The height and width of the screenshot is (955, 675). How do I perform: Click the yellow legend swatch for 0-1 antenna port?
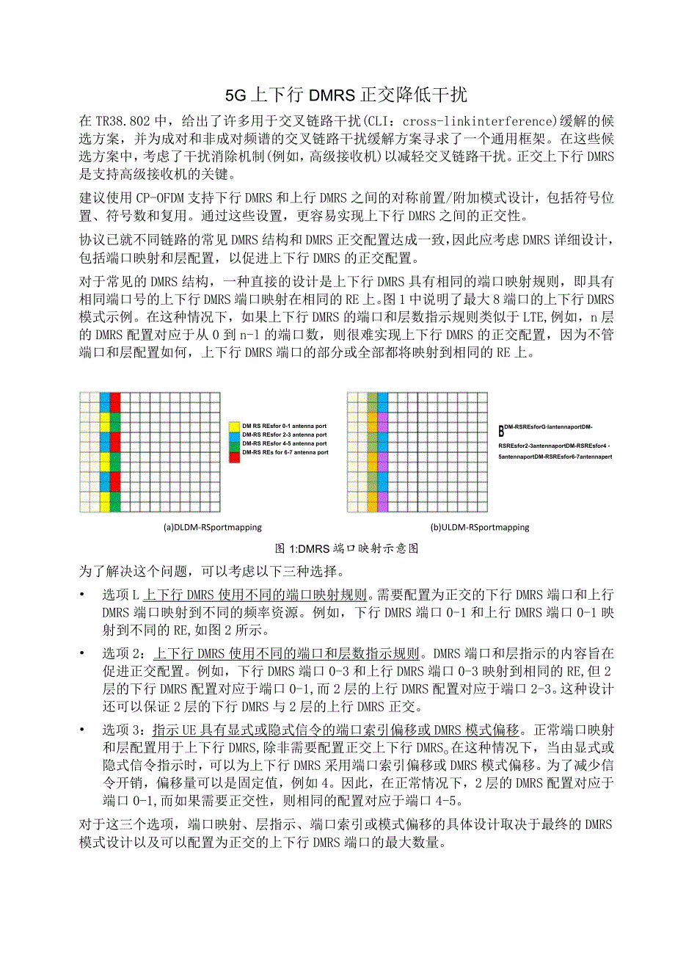(234, 426)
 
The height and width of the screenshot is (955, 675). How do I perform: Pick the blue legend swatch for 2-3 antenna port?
(234, 435)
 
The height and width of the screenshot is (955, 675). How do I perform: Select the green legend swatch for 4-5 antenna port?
(234, 444)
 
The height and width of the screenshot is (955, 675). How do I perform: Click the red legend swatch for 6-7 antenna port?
(234, 453)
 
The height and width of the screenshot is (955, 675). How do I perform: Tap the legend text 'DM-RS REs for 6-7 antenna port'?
(285, 453)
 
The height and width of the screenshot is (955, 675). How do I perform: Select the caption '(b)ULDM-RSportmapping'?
(479, 527)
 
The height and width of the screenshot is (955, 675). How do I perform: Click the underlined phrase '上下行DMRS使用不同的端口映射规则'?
(260, 594)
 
